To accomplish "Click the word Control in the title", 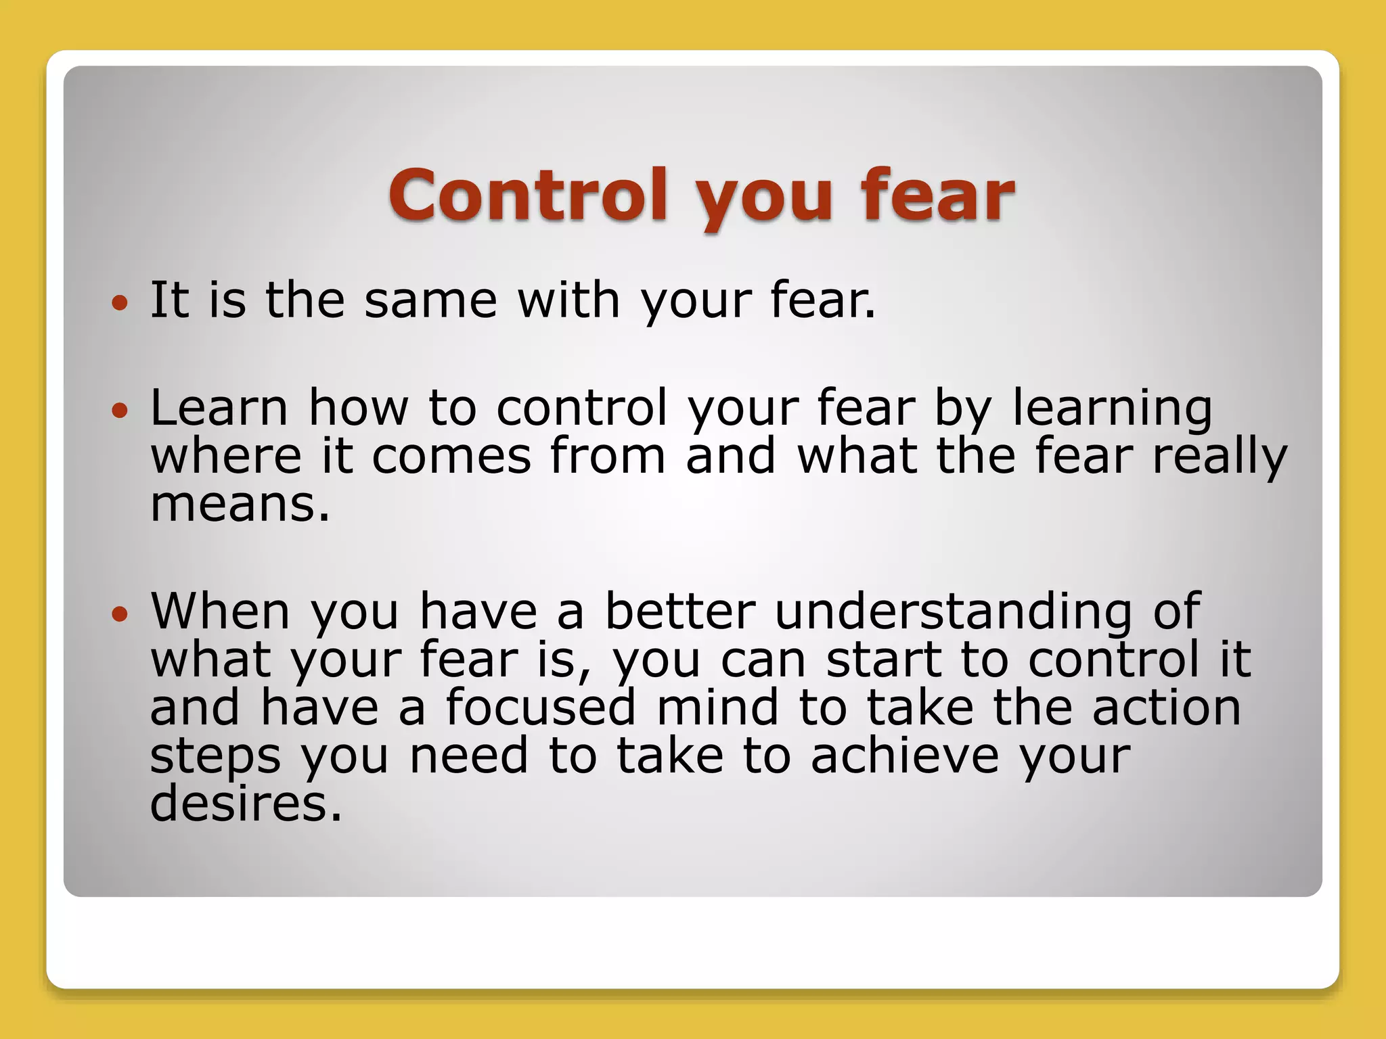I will point(528,195).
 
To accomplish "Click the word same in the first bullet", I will point(430,301).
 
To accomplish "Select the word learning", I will point(1112,409).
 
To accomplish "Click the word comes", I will point(451,457).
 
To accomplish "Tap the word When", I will point(221,611).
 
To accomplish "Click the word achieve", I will point(904,756).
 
